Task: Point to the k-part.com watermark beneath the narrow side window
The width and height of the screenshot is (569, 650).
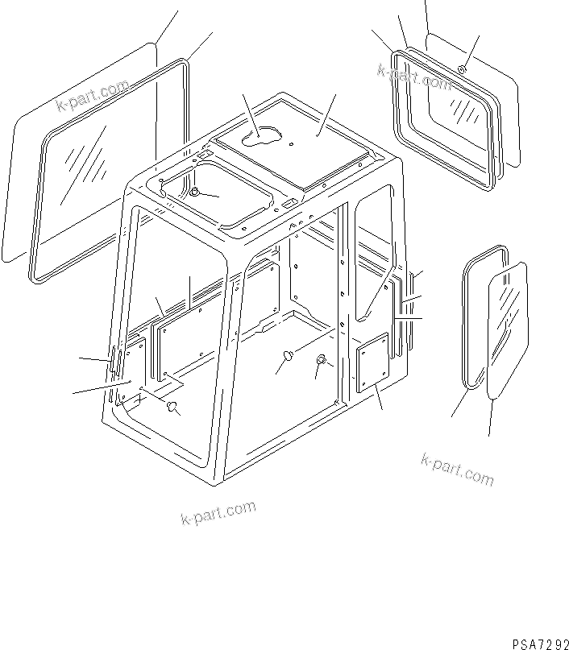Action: [456, 470]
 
